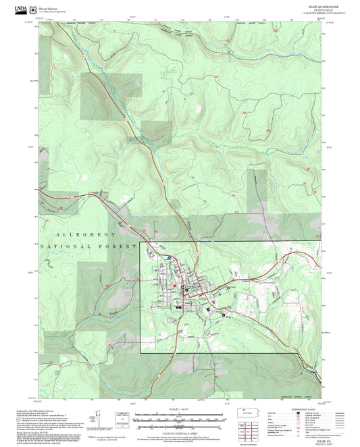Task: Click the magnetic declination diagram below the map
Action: (x=122, y=419)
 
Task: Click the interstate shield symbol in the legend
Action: (x=299, y=414)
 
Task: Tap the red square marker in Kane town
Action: (x=174, y=286)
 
